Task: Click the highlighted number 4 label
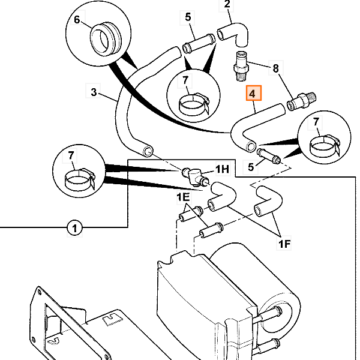pos(252,94)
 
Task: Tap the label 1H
pos(223,170)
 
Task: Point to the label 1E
pos(182,197)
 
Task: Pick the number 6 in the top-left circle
pos(77,20)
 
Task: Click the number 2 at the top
pos(227,5)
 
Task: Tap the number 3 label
pos(94,92)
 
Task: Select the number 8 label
pos(277,68)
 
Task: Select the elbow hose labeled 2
pos(234,31)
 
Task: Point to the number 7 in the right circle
pos(316,123)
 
